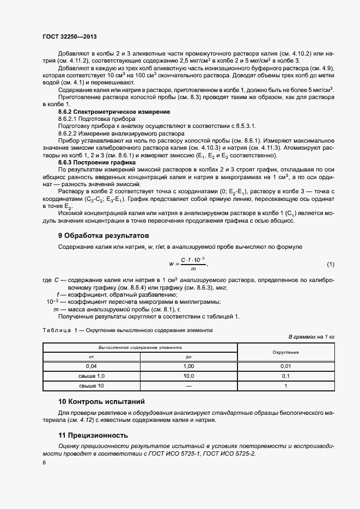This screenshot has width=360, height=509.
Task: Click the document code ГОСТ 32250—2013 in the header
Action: pyautogui.click(x=72, y=36)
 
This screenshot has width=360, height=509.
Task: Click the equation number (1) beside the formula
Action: pyautogui.click(x=330, y=265)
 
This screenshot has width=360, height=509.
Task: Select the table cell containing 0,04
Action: pyautogui.click(x=91, y=366)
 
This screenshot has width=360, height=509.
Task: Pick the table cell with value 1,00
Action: pyautogui.click(x=189, y=366)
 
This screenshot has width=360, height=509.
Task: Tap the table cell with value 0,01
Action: pyautogui.click(x=286, y=366)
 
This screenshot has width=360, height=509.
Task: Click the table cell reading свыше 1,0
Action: pyautogui.click(x=91, y=376)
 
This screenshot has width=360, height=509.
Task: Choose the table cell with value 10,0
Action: pyautogui.click(x=189, y=376)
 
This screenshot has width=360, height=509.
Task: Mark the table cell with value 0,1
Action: pyautogui.click(x=286, y=376)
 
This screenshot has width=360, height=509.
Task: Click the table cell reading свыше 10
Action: pyautogui.click(x=91, y=386)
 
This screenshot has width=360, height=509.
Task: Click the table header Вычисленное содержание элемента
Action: pyautogui.click(x=140, y=347)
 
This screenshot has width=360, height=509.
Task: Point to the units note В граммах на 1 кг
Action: pyautogui.click(x=311, y=337)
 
